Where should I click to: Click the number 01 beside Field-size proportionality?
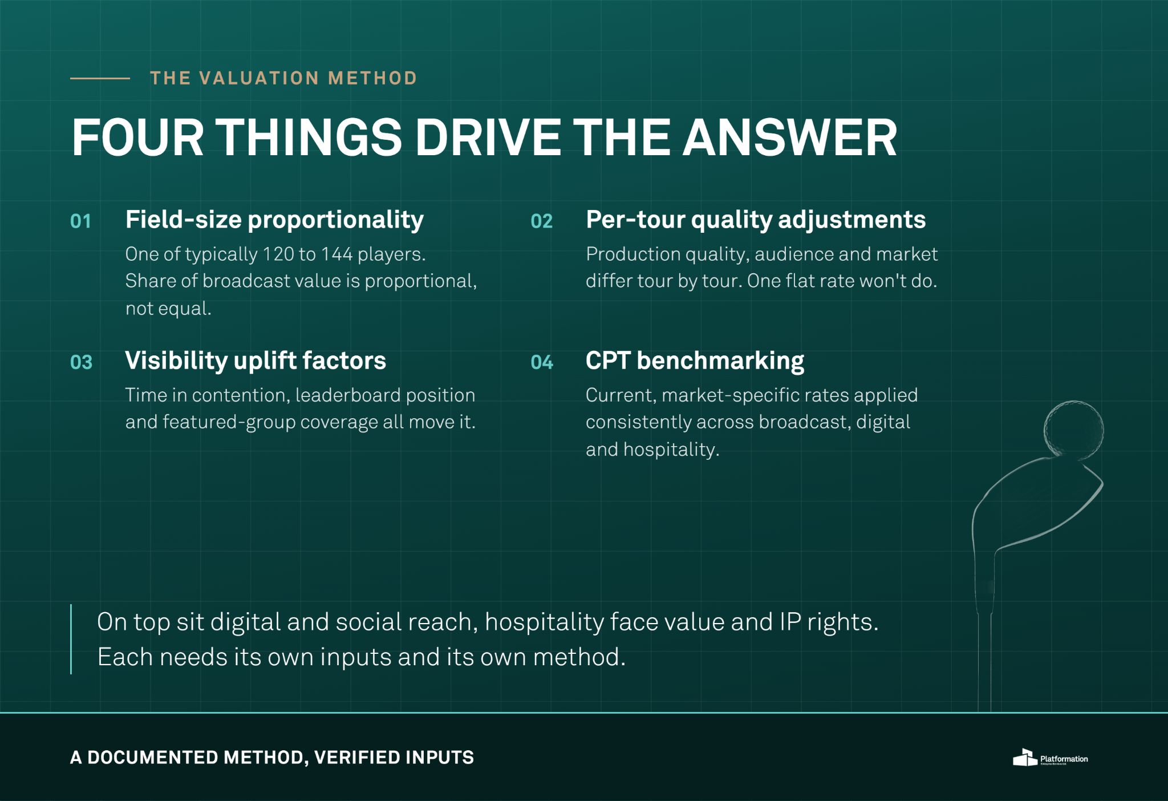(80, 221)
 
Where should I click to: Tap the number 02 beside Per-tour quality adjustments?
(541, 221)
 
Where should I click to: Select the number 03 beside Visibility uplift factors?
(81, 362)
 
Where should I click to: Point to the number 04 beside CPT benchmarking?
(542, 362)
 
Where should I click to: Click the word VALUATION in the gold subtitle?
(259, 78)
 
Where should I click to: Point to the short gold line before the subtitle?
(100, 78)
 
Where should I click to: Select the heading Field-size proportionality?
(274, 220)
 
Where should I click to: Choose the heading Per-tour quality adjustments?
(756, 220)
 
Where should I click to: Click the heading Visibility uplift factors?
(255, 361)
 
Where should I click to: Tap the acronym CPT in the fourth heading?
(608, 361)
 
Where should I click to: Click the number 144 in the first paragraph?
(336, 254)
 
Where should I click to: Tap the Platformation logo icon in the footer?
(1025, 758)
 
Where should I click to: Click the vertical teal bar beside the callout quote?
(71, 639)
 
